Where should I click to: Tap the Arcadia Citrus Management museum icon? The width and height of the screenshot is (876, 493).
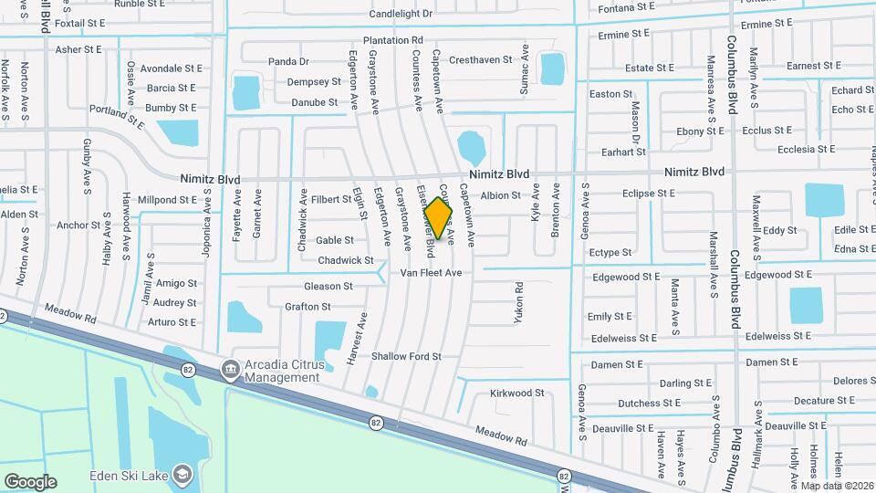coord(231,370)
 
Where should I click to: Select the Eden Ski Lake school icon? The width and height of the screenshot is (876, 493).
coord(182,474)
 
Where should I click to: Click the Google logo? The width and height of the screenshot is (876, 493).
coord(30,482)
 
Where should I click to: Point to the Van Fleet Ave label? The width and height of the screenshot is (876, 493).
coord(431,273)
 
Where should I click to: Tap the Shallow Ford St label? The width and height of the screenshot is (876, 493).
coord(406,356)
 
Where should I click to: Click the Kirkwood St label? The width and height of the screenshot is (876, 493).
coord(516,393)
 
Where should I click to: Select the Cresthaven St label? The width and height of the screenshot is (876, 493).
coord(481,60)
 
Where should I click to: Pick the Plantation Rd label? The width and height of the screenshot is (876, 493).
coord(392,40)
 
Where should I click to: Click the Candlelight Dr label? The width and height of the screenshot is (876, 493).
coord(401,14)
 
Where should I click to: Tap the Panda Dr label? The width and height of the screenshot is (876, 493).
coord(288,62)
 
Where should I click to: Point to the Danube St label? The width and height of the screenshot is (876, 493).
coord(315,102)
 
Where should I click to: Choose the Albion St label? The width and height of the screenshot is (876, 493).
coord(500,195)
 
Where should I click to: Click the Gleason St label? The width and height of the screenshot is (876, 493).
coord(328,287)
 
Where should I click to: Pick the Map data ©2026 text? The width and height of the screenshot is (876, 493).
coord(837,486)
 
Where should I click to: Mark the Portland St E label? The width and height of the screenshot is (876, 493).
coord(118,114)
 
